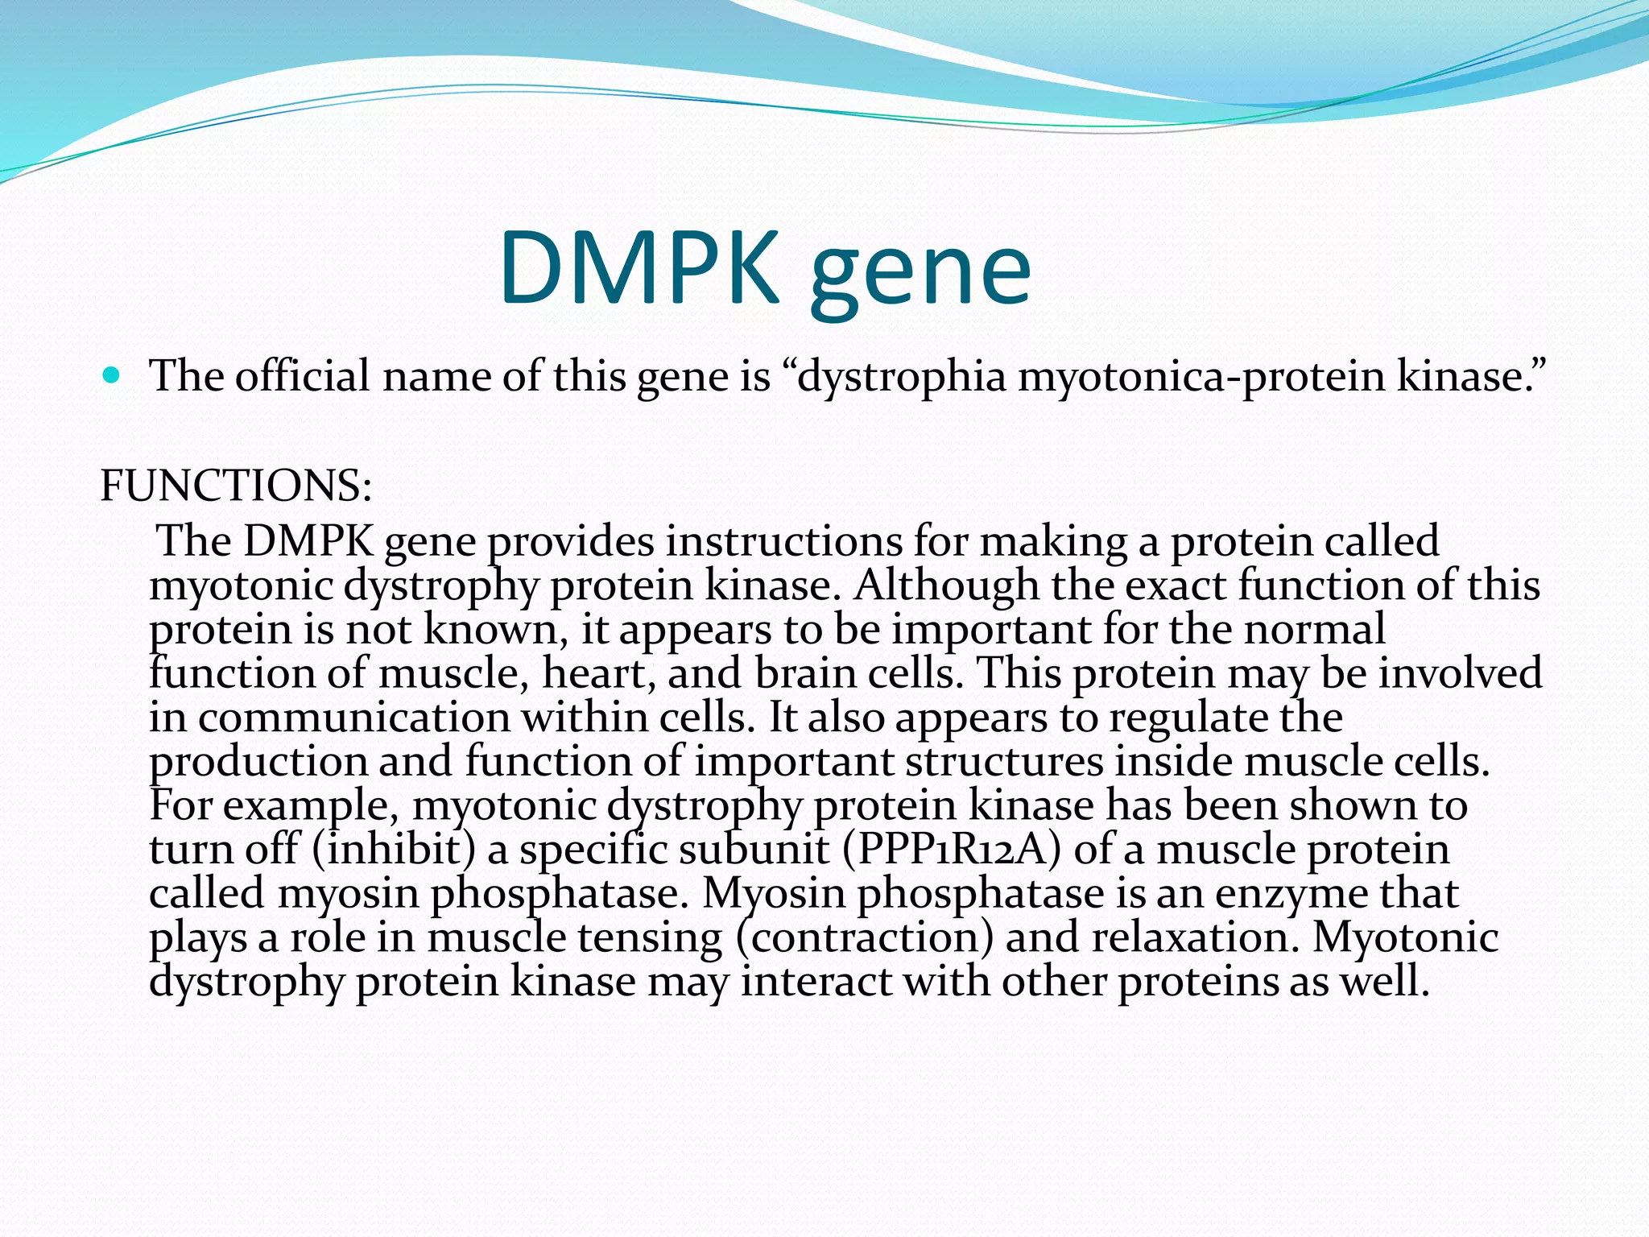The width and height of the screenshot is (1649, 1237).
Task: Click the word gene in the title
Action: [x=920, y=272]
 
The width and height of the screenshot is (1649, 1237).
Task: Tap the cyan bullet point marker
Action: [x=112, y=375]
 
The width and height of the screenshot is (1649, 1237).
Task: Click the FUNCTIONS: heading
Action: [x=236, y=486]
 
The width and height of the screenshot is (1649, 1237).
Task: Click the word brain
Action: [x=804, y=673]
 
